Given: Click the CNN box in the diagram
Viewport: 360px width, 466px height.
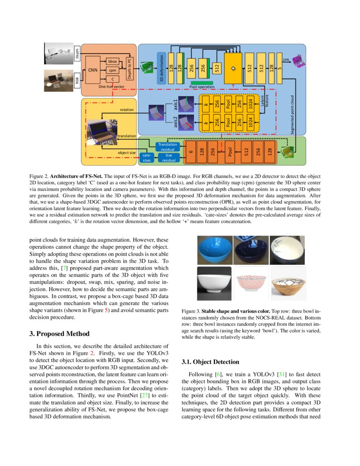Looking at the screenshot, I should (x=93, y=70).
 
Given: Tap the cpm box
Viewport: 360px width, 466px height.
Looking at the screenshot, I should (x=112, y=70).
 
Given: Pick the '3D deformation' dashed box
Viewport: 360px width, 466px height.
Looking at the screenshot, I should (x=161, y=68).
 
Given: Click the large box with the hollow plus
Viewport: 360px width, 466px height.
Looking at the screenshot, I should (x=233, y=68).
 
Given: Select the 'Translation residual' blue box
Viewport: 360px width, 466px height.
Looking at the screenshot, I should (x=168, y=147).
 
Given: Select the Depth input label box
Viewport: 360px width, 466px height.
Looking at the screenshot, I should (x=77, y=53).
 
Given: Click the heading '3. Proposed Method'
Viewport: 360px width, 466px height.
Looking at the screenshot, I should (x=59, y=334).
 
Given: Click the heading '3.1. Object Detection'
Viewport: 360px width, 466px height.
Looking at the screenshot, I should (x=210, y=362).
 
